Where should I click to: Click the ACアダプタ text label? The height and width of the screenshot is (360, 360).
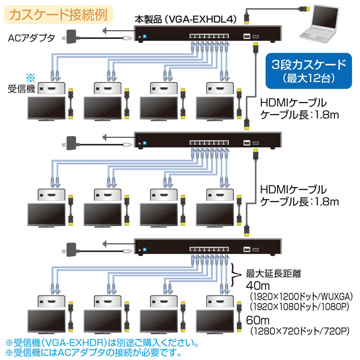tap(31, 38)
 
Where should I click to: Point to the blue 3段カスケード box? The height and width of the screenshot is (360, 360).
tap(307, 71)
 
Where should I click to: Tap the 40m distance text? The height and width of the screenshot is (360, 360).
tap(257, 285)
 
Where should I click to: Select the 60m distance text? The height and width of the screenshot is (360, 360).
tap(257, 320)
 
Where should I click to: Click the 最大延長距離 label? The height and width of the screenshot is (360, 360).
tap(273, 273)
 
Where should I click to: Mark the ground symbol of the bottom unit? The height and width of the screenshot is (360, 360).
tap(104, 244)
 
